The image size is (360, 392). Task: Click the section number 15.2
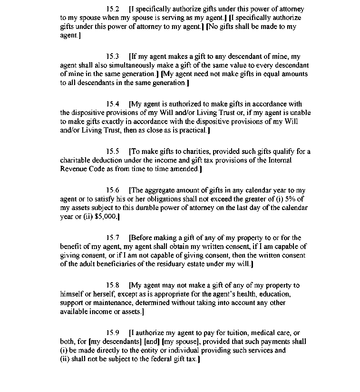[113, 9]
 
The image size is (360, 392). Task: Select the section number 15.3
[113, 57]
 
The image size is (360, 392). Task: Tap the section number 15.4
[113, 104]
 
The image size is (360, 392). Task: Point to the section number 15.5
[113, 152]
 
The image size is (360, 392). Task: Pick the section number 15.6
[113, 191]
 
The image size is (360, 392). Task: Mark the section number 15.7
[113, 238]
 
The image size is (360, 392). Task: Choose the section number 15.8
[113, 285]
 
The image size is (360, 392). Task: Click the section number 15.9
[113, 333]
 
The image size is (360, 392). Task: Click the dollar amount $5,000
[106, 217]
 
